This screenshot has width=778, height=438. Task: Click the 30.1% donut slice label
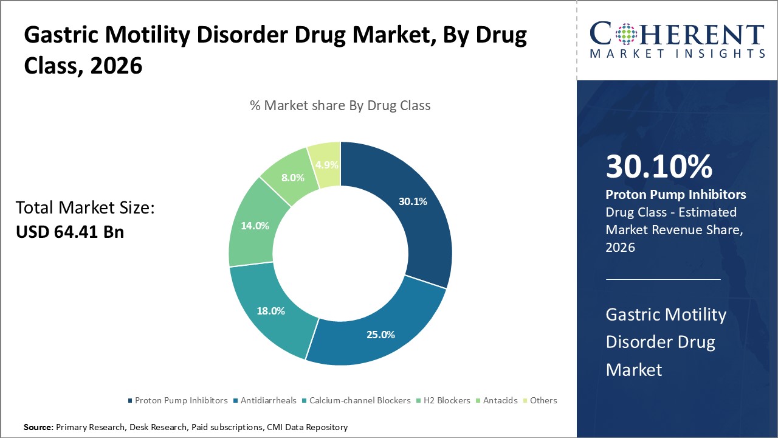coord(413,201)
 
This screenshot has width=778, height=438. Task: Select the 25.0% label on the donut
coord(380,334)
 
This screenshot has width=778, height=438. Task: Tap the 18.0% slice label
coord(270,310)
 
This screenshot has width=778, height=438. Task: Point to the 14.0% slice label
coord(255,225)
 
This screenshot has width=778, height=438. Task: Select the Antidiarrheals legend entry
coord(268,400)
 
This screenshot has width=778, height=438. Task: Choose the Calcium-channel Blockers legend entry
coord(356,400)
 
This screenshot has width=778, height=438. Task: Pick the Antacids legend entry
coord(500,400)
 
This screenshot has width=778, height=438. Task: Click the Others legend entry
coord(543,400)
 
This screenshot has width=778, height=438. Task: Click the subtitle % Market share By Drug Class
coord(340,105)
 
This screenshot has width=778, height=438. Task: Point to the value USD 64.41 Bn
coord(70,232)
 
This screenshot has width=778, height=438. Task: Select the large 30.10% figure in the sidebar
coord(659,167)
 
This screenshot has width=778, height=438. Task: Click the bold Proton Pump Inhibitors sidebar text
coord(676,195)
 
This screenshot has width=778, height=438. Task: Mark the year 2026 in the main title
coord(116,65)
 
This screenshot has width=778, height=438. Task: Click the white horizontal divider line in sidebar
coord(663,279)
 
